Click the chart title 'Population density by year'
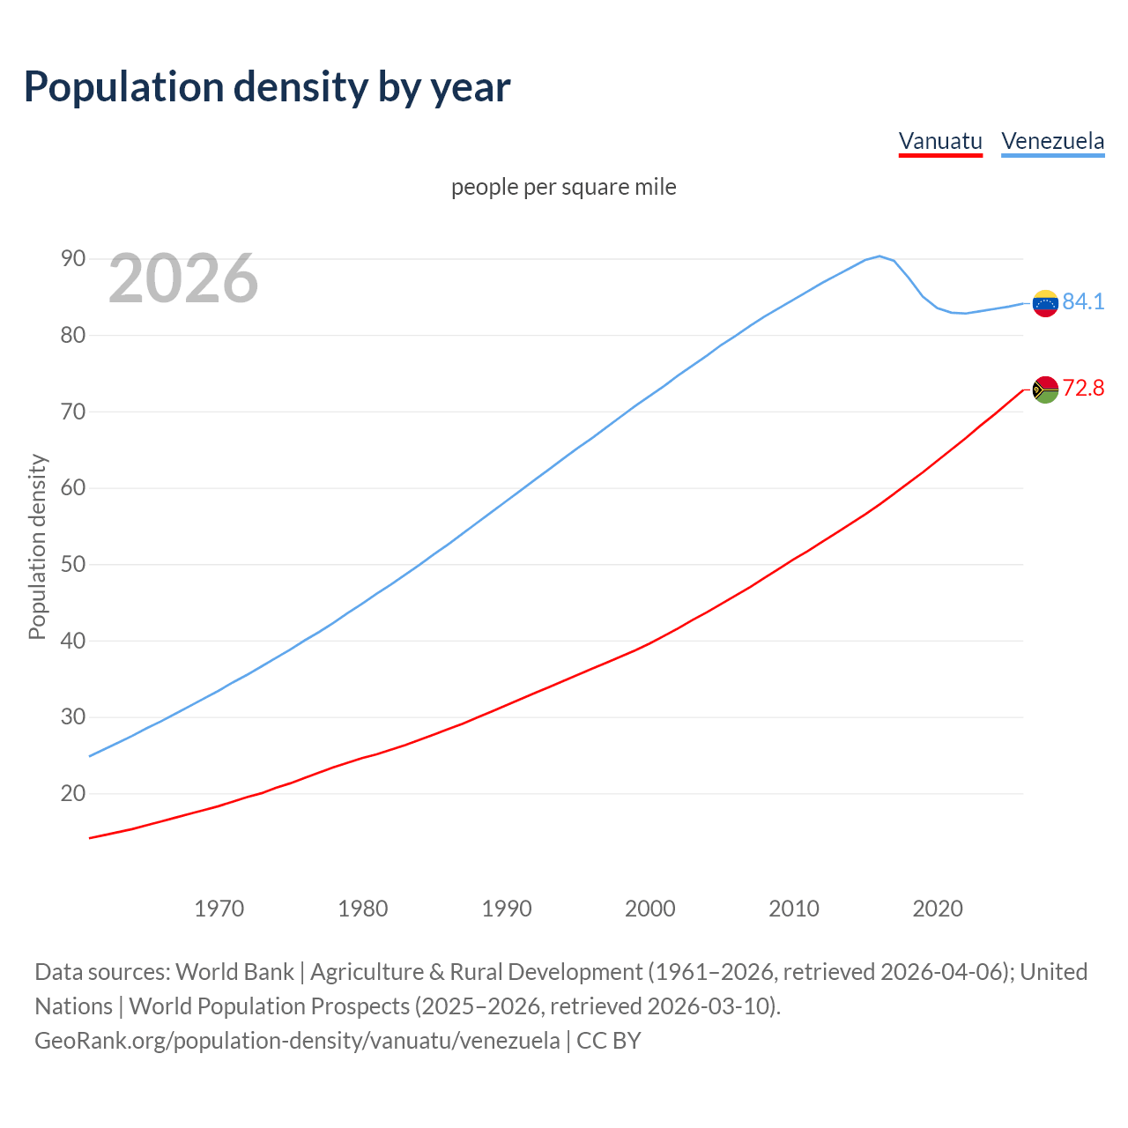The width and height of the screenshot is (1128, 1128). (267, 86)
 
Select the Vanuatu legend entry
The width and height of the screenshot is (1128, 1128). (939, 141)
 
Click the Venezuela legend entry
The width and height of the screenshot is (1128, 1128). (1052, 141)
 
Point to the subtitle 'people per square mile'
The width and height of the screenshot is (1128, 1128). (563, 187)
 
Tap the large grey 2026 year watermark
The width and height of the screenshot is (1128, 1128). (183, 278)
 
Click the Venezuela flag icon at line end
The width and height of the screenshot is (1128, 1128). (1044, 303)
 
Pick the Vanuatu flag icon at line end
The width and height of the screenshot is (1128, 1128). (1044, 390)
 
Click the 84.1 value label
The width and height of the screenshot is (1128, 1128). (1083, 301)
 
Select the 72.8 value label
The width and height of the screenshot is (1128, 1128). (1083, 388)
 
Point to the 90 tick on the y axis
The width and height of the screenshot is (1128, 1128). (73, 258)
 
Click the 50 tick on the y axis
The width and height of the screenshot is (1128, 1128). (73, 564)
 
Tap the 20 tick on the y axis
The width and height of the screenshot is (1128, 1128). (73, 793)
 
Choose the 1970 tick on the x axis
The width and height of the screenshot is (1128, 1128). (219, 909)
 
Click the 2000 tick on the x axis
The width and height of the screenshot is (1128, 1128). (649, 909)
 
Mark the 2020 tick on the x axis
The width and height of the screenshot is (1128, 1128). (937, 909)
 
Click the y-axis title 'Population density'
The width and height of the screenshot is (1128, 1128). (37, 546)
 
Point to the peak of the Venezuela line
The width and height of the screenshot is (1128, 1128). (879, 256)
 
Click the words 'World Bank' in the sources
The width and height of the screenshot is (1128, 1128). (234, 972)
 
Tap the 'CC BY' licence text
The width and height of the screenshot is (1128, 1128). (608, 1041)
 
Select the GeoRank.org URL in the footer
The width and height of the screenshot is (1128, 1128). (297, 1041)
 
